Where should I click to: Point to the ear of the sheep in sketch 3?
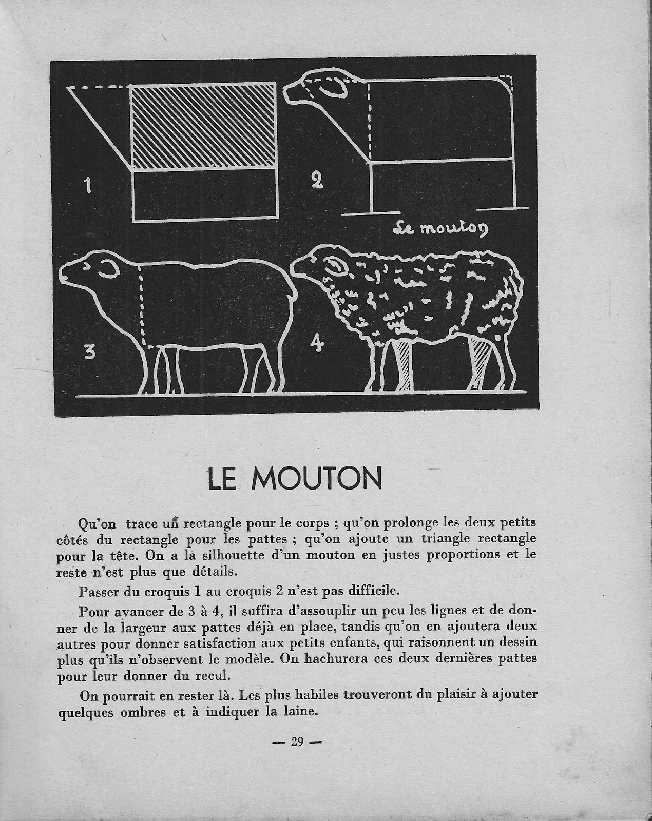(x=111, y=269)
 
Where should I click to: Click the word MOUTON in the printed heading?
(x=318, y=479)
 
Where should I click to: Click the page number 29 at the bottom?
(x=297, y=741)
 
